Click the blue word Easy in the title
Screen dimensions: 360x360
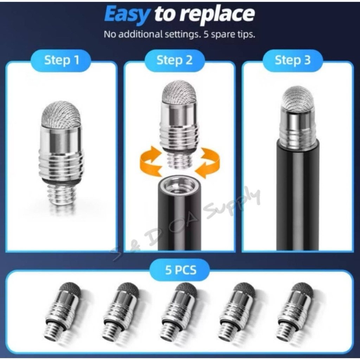127,14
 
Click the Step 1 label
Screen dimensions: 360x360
62,60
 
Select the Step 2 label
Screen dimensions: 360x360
174,60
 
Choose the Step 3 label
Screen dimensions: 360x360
293,60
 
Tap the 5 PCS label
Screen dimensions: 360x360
181,270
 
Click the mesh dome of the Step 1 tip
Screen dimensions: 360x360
61,114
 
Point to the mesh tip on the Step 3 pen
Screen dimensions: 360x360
298,98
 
